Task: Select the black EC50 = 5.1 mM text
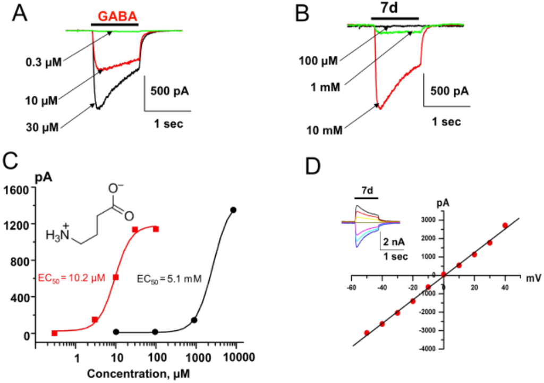[x=169, y=278]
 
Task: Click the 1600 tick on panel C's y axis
[x=18, y=189]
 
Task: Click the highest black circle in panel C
[x=233, y=210]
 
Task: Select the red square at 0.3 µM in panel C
[x=54, y=333]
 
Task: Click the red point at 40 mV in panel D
[x=505, y=225]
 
